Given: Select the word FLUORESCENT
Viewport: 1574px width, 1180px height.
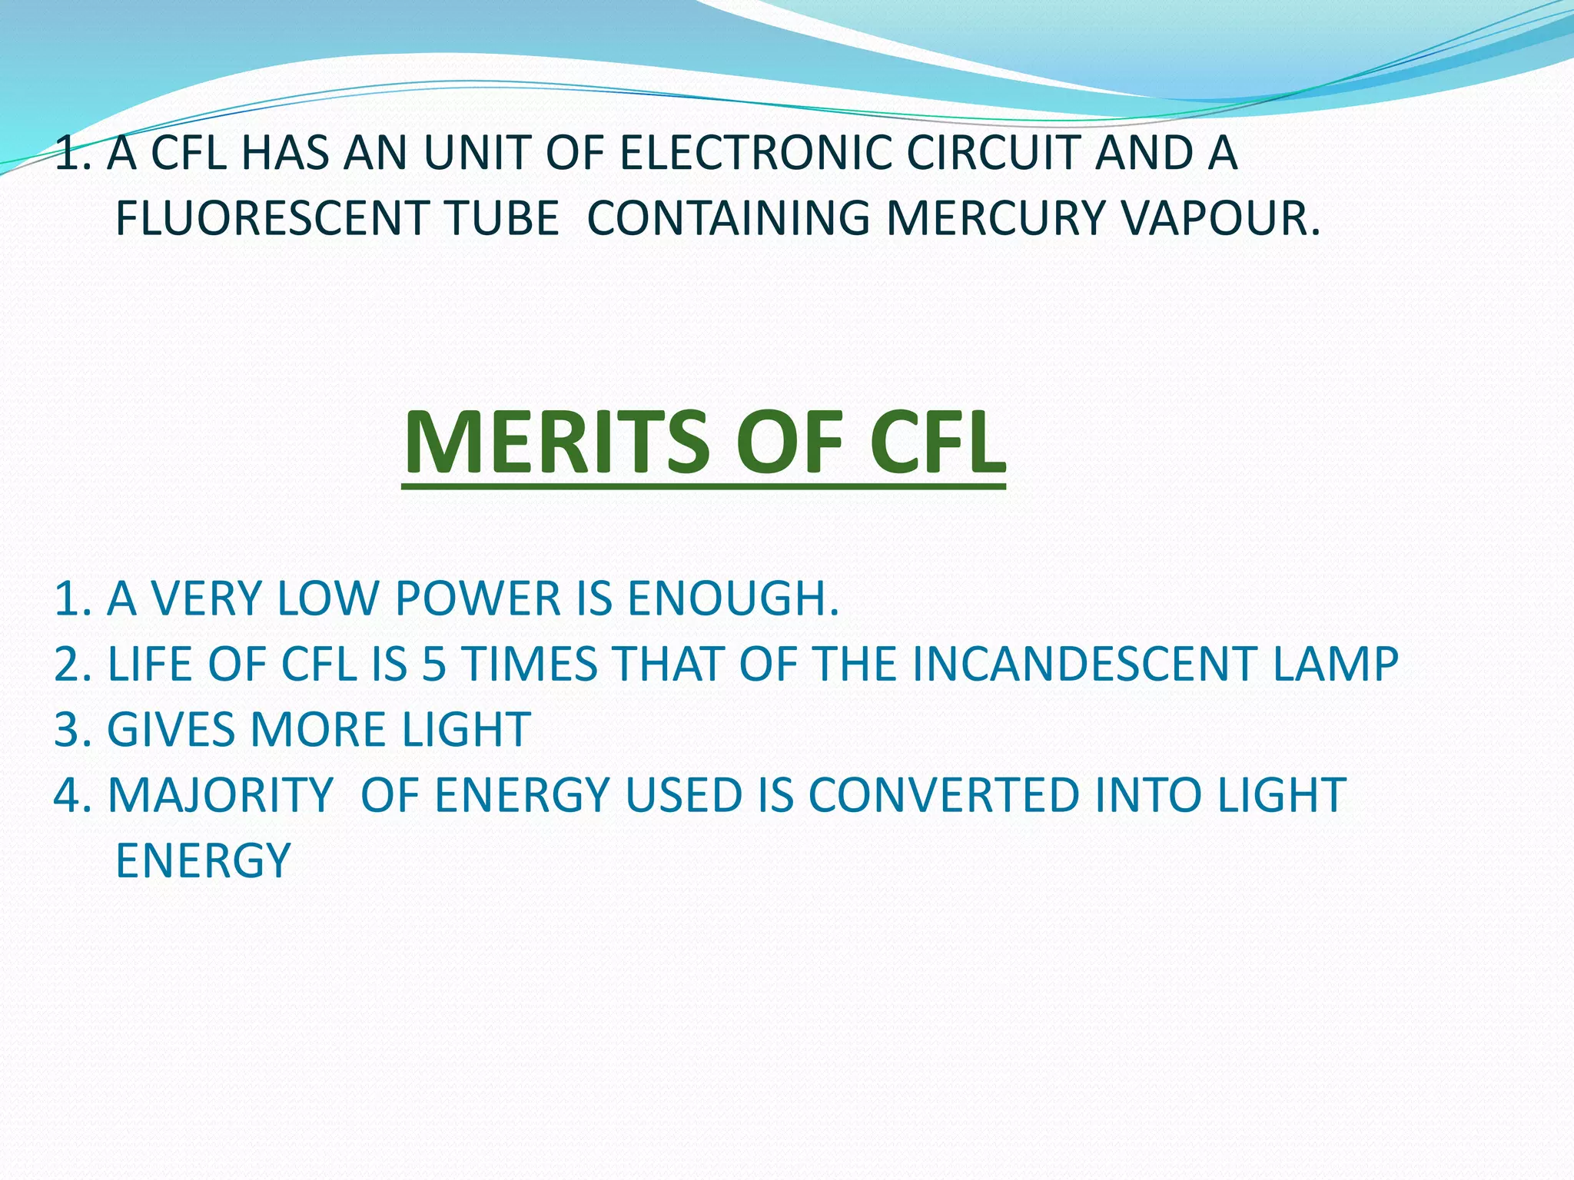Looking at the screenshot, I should [x=271, y=218].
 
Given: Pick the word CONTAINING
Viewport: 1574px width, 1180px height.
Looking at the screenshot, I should [x=728, y=218].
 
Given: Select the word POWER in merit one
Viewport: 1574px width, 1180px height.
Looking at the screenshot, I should [x=477, y=598].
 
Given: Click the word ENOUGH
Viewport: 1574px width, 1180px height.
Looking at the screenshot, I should [x=733, y=598].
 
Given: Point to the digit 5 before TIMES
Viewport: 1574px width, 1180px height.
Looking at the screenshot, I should [x=434, y=664].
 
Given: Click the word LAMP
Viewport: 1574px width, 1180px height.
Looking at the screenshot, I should [x=1336, y=664].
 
